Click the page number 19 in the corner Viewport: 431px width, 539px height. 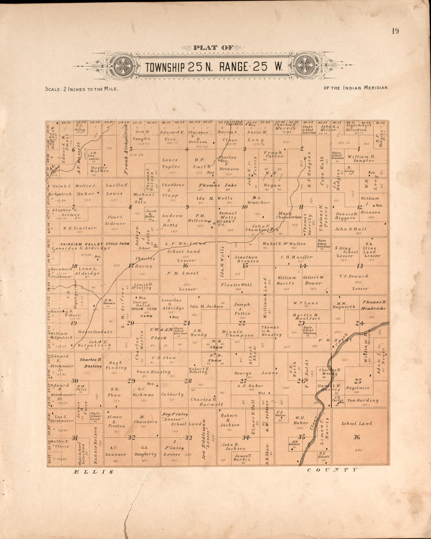pyautogui.click(x=395, y=31)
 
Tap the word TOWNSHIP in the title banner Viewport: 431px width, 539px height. pyautogui.click(x=165, y=67)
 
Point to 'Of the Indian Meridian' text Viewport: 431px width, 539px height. pyautogui.click(x=357, y=88)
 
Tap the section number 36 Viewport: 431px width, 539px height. pyautogui.click(x=356, y=437)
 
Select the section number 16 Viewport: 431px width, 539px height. pyautogui.click(x=185, y=265)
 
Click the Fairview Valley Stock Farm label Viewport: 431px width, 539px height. pyautogui.click(x=91, y=244)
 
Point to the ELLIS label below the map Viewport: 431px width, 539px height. pyautogui.click(x=94, y=472)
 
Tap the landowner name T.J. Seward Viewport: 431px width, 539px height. pyautogui.click(x=353, y=276)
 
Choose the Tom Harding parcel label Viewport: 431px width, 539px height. pyautogui.click(x=362, y=400)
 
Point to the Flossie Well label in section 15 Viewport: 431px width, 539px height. pyautogui.click(x=236, y=285)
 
